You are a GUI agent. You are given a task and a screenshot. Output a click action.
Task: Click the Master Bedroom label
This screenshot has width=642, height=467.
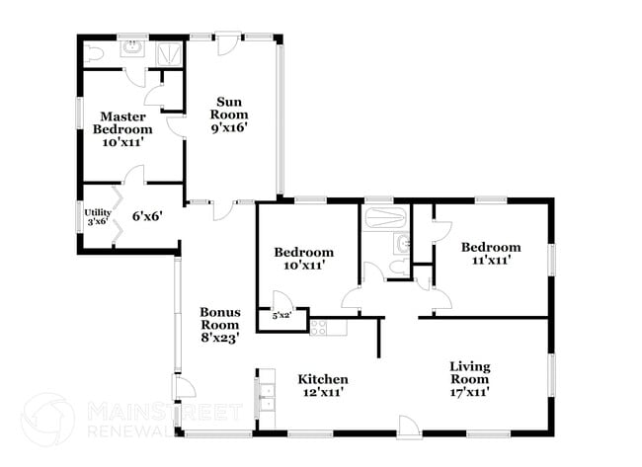(x=122, y=128)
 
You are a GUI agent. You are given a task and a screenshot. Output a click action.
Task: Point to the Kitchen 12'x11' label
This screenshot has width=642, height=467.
(x=323, y=385)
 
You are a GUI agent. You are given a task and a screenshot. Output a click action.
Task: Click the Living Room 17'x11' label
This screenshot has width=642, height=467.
(x=469, y=378)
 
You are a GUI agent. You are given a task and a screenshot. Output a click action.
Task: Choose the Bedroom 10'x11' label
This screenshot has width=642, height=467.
(x=303, y=259)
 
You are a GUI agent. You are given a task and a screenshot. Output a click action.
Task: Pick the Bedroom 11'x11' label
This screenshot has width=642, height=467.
(x=490, y=254)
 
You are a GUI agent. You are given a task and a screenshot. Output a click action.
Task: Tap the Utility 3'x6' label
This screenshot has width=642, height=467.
(x=97, y=216)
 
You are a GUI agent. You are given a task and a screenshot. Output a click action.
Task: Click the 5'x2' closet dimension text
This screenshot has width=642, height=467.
(x=281, y=316)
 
